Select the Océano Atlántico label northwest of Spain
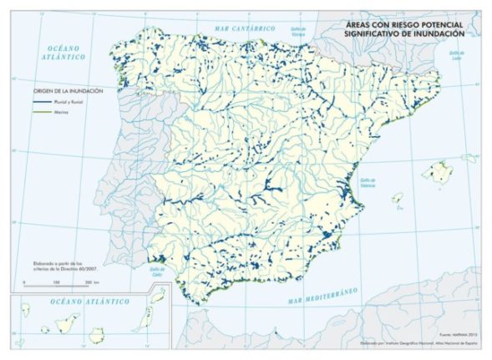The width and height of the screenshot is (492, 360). [66, 53]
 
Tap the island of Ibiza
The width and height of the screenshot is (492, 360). [398, 198]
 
